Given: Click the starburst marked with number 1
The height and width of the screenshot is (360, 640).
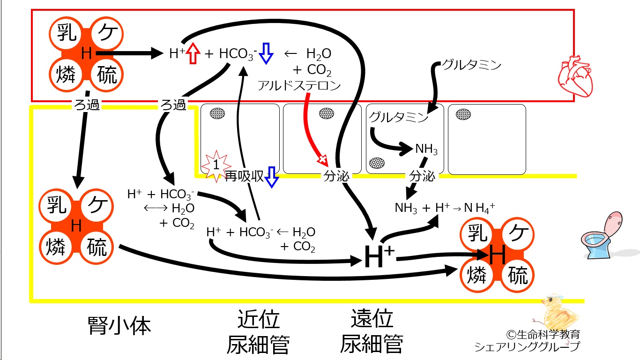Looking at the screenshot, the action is [x=216, y=166].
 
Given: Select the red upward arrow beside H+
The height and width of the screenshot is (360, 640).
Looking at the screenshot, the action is [x=193, y=53].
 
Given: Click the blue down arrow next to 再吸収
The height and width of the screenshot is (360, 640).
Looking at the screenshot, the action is [x=271, y=177].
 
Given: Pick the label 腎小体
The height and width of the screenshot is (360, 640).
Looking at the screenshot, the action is [x=119, y=326].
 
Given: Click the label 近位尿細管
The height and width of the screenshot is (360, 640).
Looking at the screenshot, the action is [x=258, y=332].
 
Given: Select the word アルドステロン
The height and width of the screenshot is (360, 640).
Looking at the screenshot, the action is [x=299, y=85].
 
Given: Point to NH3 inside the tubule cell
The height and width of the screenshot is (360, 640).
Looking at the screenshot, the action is [x=426, y=149].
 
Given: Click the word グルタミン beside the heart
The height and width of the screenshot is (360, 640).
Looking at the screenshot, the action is [x=472, y=65].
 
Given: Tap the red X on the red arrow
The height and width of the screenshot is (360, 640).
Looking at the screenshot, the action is [x=322, y=159].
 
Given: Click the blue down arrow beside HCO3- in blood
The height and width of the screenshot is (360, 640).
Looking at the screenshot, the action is [x=266, y=53].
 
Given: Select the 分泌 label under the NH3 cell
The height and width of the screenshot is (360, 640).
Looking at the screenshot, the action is [x=422, y=176].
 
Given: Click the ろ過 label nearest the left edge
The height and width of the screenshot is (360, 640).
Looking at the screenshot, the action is [x=87, y=105].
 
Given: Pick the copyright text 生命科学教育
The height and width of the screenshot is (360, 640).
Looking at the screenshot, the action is [x=543, y=334].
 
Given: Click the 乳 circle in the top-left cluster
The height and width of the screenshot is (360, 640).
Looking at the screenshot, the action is [x=66, y=33].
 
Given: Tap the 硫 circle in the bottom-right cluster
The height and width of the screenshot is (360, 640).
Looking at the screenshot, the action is [x=518, y=275].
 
